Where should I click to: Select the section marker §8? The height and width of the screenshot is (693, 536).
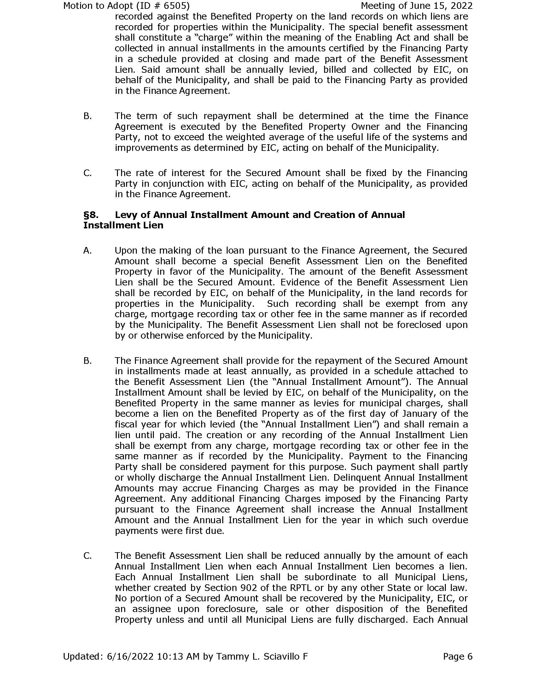[90, 215]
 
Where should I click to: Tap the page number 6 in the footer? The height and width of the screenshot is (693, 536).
[470, 656]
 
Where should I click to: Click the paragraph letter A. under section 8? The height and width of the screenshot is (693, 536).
[87, 250]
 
